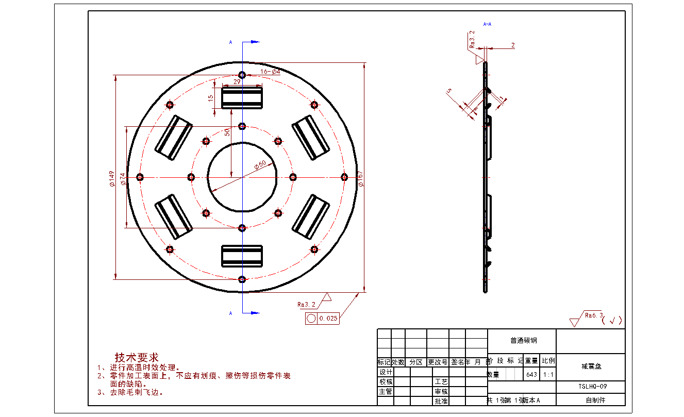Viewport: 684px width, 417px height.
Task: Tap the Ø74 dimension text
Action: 123,178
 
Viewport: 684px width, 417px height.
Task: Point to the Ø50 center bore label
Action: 260,164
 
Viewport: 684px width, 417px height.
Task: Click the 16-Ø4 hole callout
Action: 270,72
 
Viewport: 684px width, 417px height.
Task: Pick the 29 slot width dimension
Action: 237,82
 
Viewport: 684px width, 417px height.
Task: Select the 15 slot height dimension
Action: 210,98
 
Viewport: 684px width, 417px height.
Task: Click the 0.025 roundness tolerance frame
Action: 322,319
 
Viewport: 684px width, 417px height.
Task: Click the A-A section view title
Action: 487,24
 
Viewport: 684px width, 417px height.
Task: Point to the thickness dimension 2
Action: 513,45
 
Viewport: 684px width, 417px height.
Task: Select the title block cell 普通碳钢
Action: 522,341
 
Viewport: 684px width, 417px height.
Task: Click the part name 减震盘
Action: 591,366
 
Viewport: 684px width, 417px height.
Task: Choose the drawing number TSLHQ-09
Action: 591,386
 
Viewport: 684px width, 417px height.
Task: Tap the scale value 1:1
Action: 548,375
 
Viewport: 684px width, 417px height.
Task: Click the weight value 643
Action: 531,375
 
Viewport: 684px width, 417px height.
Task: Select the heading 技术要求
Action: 137,357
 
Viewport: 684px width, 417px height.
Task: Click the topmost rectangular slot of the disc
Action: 242,98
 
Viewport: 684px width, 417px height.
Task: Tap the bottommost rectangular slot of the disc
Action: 242,256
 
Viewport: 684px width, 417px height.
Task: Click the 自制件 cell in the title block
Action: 591,400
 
